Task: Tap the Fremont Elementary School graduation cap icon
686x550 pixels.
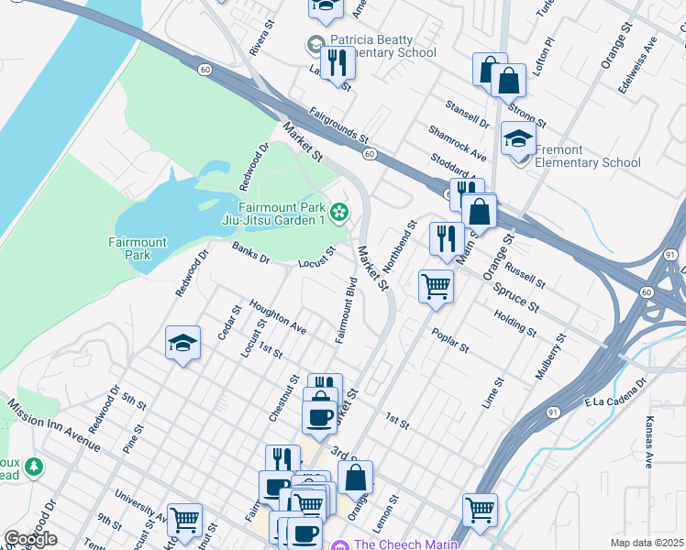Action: pos(518,140)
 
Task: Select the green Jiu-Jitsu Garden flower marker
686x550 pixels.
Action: pos(339,214)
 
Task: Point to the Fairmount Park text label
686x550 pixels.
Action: pos(138,248)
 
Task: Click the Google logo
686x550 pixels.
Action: pos(30,539)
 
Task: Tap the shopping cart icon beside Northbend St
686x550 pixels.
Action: pos(436,285)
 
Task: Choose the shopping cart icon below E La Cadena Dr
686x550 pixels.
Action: pos(480,510)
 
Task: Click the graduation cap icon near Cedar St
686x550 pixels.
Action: pos(183,343)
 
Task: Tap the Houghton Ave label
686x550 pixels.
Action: pos(277,314)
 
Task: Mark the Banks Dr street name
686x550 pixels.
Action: pos(250,252)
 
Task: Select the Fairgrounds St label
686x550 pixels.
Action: pos(338,126)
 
